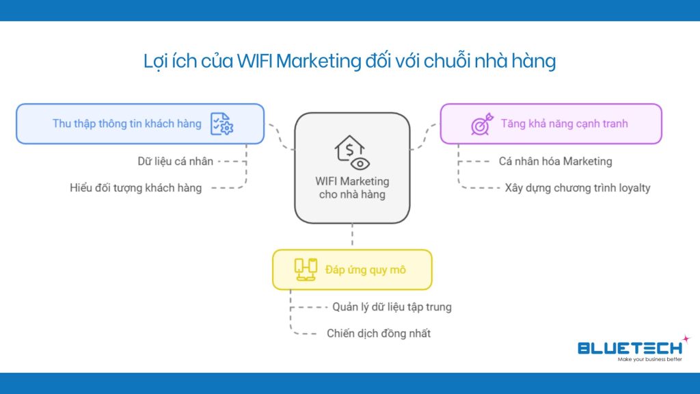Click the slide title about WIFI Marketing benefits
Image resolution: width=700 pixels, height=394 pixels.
click(349, 61)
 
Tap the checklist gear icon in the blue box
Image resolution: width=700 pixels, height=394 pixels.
click(221, 124)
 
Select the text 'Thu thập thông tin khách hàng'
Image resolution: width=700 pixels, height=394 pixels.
click(127, 124)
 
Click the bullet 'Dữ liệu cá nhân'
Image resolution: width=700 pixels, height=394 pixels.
click(175, 161)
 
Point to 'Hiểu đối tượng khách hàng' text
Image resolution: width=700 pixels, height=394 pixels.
click(135, 187)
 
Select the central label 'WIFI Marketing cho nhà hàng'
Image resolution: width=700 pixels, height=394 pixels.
click(352, 188)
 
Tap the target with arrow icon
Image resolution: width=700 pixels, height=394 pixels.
click(481, 124)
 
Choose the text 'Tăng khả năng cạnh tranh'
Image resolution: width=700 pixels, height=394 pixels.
click(564, 124)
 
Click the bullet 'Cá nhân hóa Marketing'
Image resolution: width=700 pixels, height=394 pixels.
click(555, 161)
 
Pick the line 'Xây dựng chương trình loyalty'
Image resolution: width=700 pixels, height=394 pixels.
click(577, 187)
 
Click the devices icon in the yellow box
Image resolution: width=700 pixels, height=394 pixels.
click(306, 270)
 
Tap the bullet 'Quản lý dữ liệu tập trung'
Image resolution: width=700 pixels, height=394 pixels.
click(392, 307)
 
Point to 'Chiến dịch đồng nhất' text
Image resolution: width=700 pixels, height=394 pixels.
click(378, 334)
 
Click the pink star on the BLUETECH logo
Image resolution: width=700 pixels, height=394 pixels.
click(686, 338)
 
